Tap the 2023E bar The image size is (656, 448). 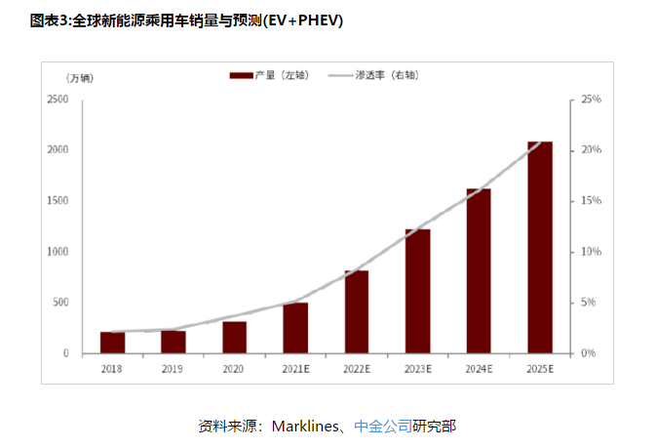tap(417, 291)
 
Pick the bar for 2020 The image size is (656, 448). tap(234, 337)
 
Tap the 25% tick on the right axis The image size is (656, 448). tap(592, 100)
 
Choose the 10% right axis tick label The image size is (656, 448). tap(592, 252)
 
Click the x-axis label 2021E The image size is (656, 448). tap(295, 369)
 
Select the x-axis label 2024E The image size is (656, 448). tap(479, 369)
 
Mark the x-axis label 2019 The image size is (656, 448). tap(173, 369)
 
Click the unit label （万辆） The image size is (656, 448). tap(81, 78)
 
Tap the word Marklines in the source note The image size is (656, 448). tap(304, 426)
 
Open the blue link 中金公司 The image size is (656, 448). tap(382, 426)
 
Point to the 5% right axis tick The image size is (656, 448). tap(590, 303)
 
